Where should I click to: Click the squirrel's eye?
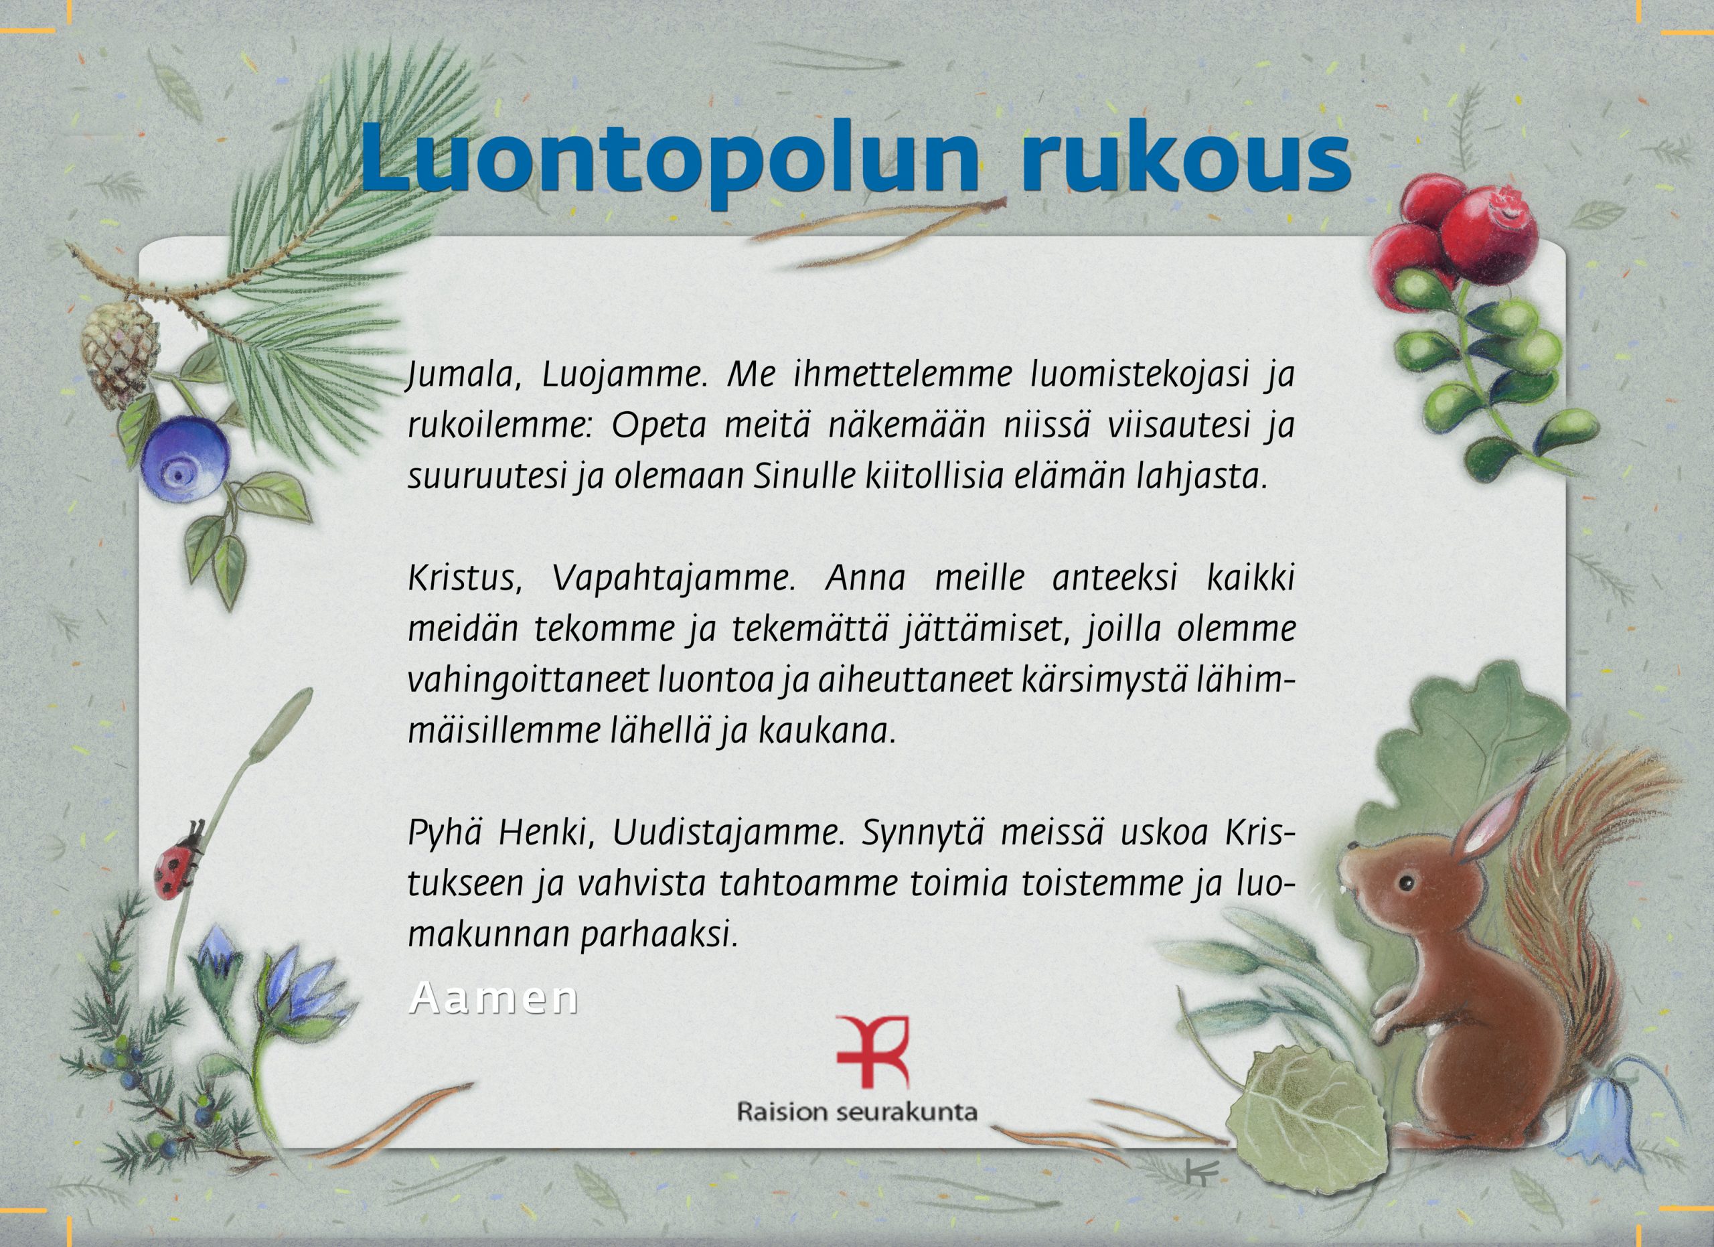(x=1405, y=881)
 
